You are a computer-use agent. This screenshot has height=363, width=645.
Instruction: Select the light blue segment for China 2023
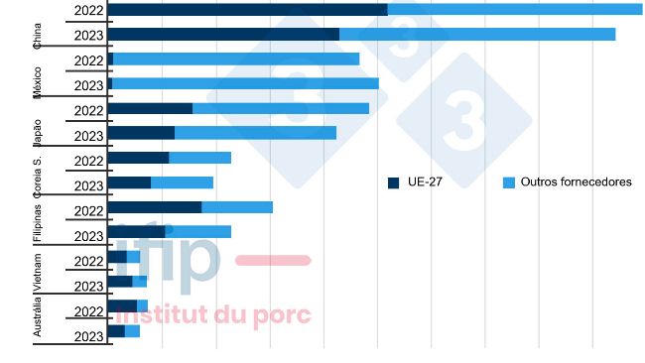(x=477, y=34)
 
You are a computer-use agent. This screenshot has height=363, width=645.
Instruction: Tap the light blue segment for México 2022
(x=236, y=60)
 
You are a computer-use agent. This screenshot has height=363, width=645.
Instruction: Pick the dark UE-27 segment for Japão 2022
(x=149, y=108)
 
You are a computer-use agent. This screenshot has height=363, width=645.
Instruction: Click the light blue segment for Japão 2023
(x=255, y=133)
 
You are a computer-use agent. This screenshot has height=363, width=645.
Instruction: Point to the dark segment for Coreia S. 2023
(x=128, y=182)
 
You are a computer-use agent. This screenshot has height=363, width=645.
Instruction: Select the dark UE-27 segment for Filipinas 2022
(x=154, y=207)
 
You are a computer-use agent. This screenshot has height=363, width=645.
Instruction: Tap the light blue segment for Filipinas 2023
(x=198, y=232)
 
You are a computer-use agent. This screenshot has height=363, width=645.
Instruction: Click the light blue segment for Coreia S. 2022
(x=199, y=158)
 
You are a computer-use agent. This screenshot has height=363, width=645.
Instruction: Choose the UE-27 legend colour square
(x=393, y=182)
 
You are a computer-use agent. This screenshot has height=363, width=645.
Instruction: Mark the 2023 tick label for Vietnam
(x=88, y=287)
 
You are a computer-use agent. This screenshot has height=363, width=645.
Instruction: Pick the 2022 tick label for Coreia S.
(x=88, y=161)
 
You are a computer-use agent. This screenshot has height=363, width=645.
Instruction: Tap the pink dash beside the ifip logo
(x=273, y=260)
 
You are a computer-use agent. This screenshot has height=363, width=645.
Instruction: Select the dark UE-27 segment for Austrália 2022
(x=121, y=305)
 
